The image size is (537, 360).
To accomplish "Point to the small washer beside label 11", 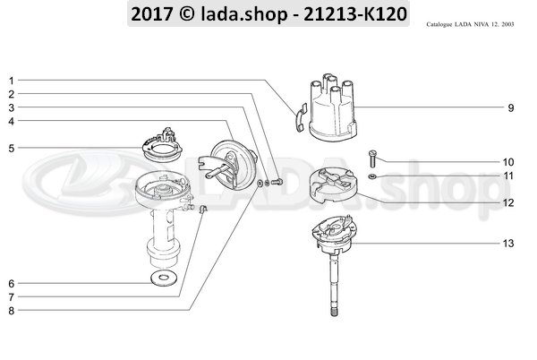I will pyautogui.click(x=371, y=176).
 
